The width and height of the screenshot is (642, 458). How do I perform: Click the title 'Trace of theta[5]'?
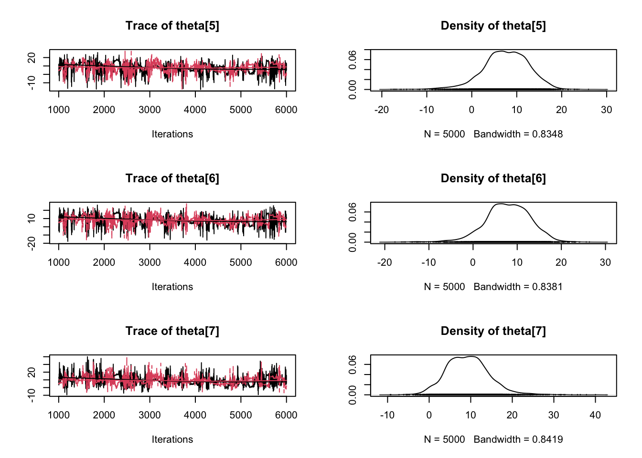pos(172,26)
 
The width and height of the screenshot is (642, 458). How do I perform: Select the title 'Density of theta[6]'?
pos(493,178)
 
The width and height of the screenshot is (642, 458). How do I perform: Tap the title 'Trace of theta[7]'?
pos(172,331)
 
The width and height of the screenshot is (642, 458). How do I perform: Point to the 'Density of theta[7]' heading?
pos(493,331)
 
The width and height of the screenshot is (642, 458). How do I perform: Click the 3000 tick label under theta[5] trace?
pos(150,110)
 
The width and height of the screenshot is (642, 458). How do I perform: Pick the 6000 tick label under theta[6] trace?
pos(286,262)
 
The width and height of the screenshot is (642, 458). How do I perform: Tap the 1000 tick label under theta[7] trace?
pos(59,415)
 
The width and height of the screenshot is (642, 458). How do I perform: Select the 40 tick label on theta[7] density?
pos(595,415)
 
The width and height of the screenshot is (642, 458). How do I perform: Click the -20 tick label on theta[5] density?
pos(382,110)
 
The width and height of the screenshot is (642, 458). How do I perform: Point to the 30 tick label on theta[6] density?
pos(605,262)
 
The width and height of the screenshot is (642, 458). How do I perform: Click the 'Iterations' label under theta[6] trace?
pos(172,287)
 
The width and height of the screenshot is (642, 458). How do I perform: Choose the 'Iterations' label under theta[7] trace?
pos(172,439)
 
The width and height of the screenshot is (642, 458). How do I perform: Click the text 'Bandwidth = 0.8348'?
pos(518,134)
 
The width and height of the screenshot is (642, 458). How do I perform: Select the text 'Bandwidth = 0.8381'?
pos(518,287)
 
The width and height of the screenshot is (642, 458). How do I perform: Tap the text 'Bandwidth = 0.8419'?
pos(518,439)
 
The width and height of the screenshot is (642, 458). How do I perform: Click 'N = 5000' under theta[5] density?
pos(444,134)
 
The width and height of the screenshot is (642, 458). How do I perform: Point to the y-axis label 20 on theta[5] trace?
pos(32,58)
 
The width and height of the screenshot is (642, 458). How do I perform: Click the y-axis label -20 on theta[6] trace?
pos(32,243)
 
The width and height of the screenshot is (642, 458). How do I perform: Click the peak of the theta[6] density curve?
pos(500,204)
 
